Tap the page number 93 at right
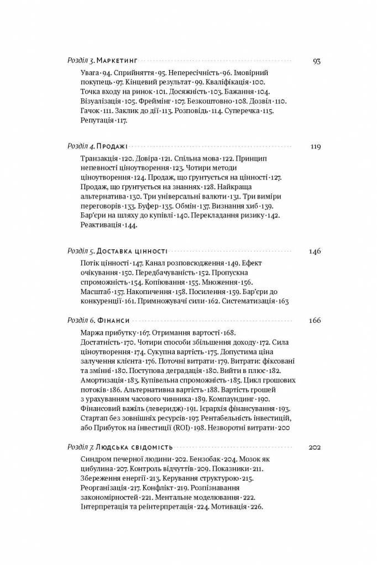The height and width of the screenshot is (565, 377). (x=316, y=61)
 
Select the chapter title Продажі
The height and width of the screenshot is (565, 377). (x=112, y=147)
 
